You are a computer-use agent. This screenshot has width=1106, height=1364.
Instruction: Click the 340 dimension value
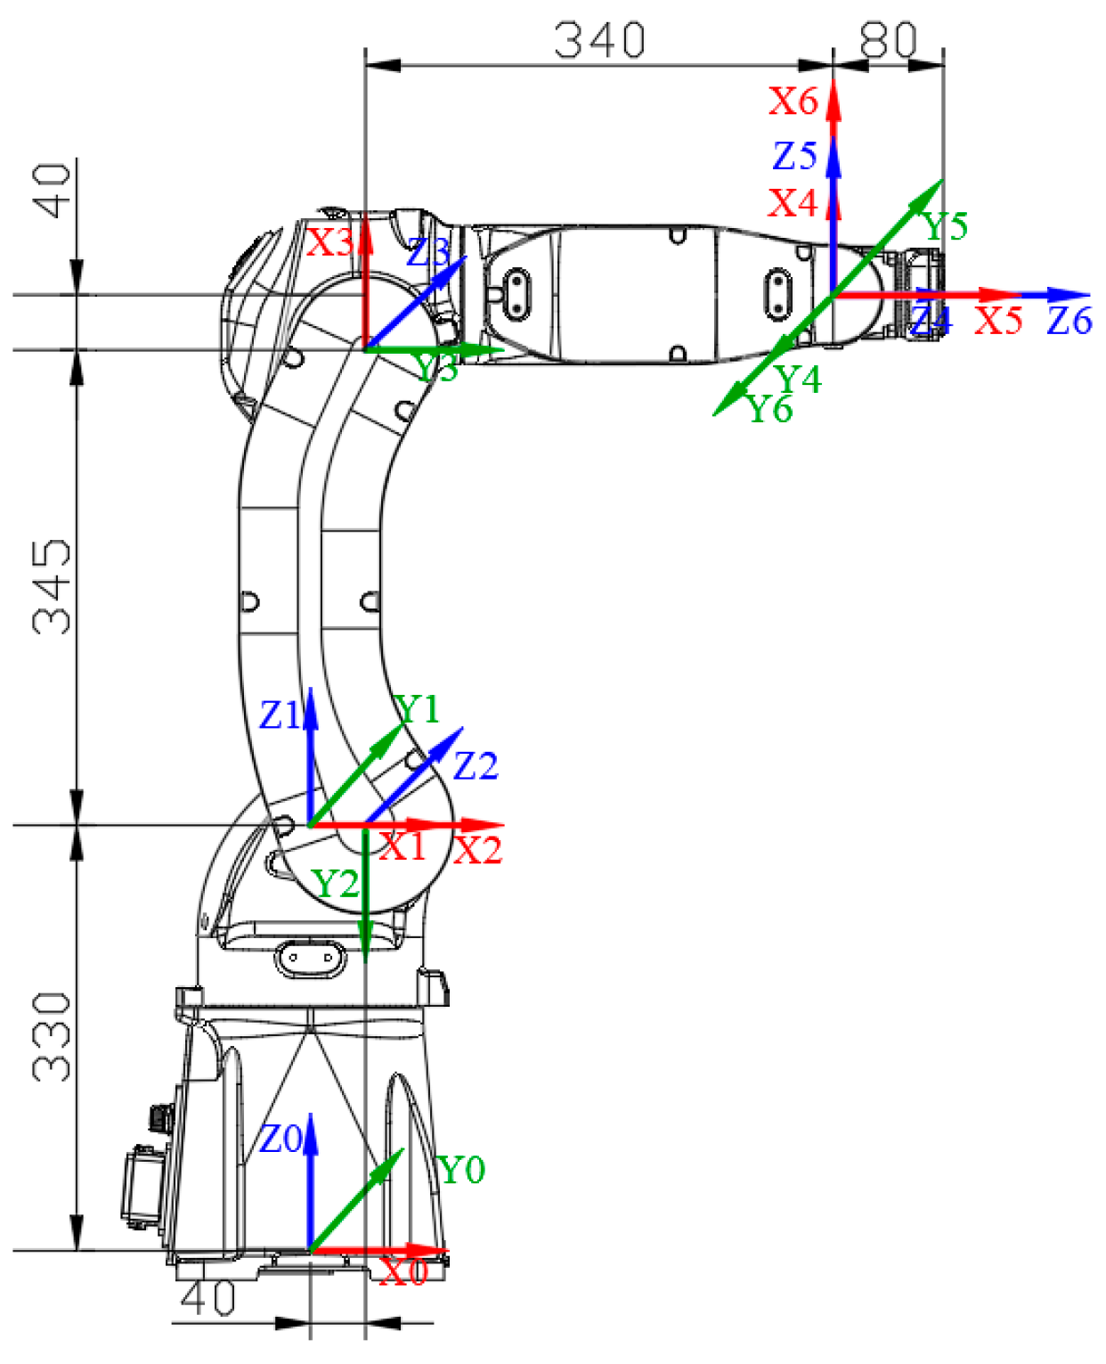coord(599,40)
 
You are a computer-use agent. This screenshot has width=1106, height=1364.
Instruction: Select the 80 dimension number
coord(888,39)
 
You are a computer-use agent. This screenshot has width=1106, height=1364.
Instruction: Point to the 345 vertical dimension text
coord(52,585)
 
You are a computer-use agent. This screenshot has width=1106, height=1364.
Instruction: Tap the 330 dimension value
coord(52,1037)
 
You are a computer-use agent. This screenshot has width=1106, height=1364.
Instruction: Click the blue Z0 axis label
coord(280,1139)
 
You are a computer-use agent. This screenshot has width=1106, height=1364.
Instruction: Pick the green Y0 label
coord(461,1170)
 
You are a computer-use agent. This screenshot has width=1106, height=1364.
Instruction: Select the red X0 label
coord(403,1271)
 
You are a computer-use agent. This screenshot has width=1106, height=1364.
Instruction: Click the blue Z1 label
coord(280,715)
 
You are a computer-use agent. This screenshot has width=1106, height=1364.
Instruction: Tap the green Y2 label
coord(335,884)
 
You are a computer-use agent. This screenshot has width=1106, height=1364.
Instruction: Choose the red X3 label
coord(329,242)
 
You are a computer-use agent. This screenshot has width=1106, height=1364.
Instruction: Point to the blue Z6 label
coord(1069,321)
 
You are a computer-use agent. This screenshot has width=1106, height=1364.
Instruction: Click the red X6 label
coord(793,102)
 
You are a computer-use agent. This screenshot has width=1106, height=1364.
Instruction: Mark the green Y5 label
coord(945,226)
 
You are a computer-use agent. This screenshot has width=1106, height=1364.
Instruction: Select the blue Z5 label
coord(794,156)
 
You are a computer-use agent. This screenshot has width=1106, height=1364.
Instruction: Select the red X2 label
coord(478,851)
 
